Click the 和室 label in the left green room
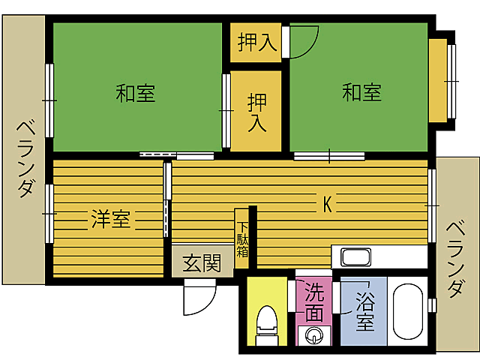click(136, 94)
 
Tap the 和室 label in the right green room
click(362, 93)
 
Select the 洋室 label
click(111, 220)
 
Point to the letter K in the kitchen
click(327, 204)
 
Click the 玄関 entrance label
click(202, 263)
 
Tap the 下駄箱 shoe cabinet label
click(243, 239)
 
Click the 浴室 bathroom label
click(364, 313)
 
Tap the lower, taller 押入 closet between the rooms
click(256, 111)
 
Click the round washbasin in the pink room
click(315, 334)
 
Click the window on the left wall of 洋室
click(49, 214)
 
